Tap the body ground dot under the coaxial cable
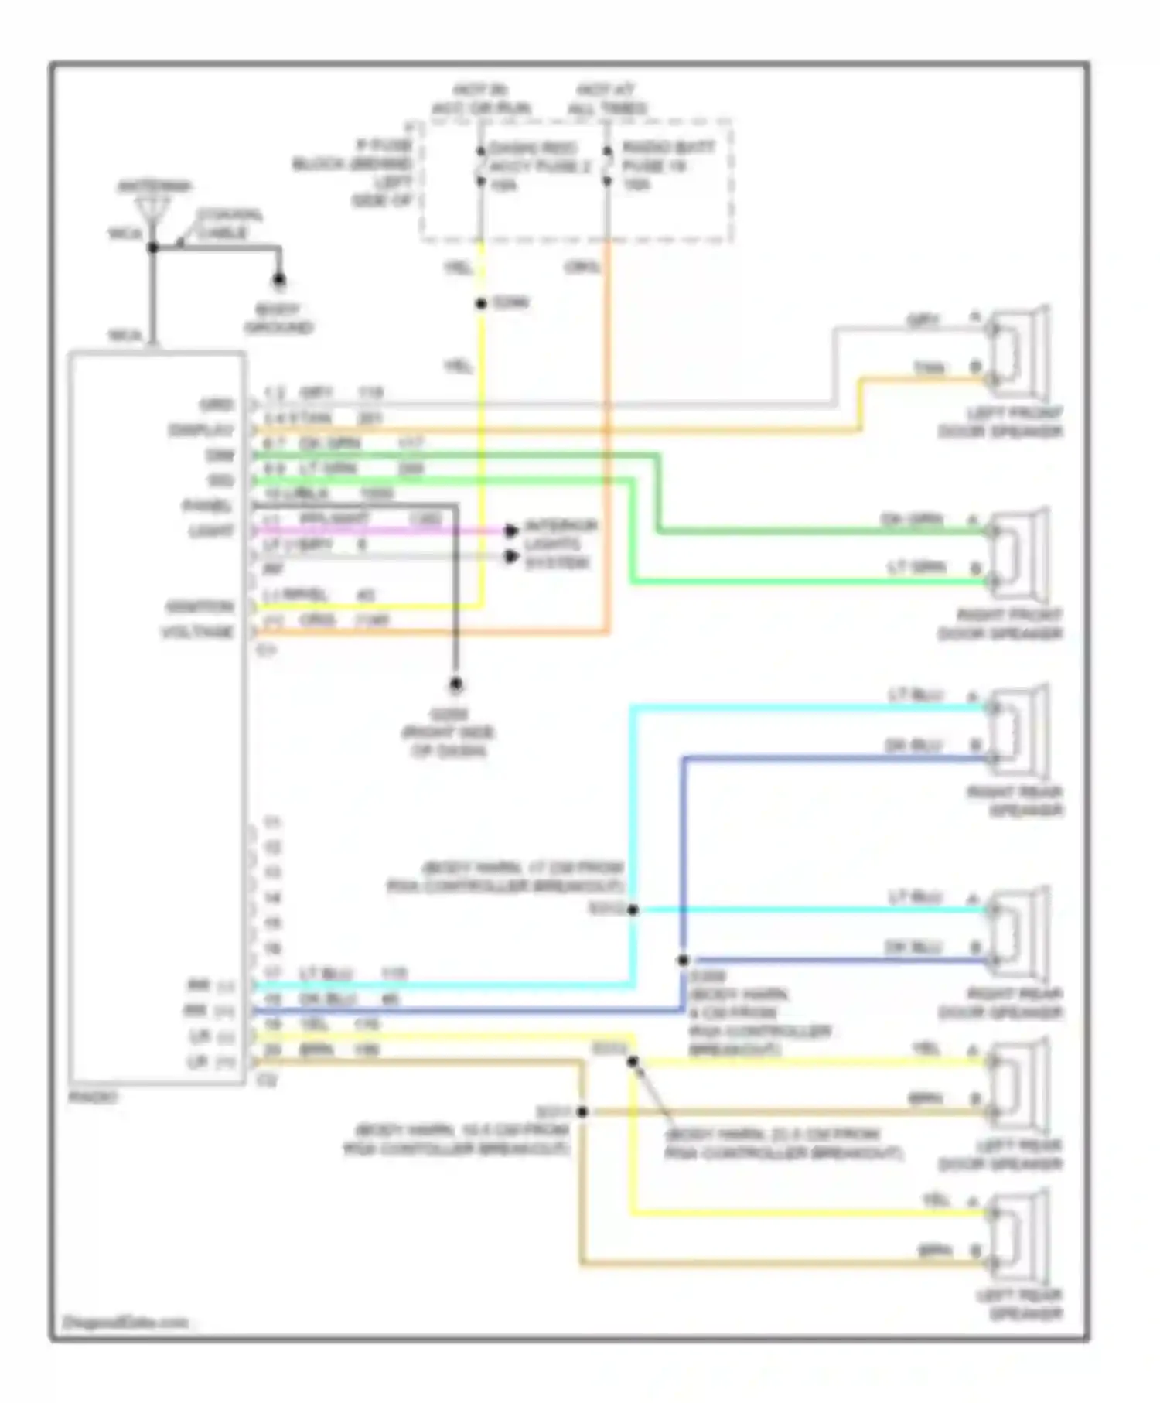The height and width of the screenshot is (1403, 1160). click(279, 280)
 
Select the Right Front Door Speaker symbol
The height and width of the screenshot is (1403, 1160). click(1018, 554)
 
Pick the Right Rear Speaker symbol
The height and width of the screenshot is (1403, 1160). click(1018, 731)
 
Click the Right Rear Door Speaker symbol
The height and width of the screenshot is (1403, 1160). click(1018, 933)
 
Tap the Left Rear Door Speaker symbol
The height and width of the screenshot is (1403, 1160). click(1018, 1084)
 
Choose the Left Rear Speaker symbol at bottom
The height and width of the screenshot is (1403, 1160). click(1018, 1236)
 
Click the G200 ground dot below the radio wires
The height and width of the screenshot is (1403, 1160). click(456, 684)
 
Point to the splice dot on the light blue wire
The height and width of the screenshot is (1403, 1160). click(633, 910)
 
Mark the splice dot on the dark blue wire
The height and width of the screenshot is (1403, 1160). click(683, 960)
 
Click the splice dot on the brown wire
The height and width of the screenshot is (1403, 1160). click(582, 1111)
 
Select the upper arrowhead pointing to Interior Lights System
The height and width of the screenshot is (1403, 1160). click(510, 531)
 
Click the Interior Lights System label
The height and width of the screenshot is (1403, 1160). click(561, 544)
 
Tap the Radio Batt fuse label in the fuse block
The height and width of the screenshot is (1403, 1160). click(667, 166)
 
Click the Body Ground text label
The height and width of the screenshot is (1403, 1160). click(278, 319)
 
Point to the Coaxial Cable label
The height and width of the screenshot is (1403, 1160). click(229, 224)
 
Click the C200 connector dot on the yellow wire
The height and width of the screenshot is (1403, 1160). click(481, 303)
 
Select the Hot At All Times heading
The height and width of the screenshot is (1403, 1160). click(607, 99)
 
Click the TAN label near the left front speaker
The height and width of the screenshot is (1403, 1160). click(929, 368)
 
